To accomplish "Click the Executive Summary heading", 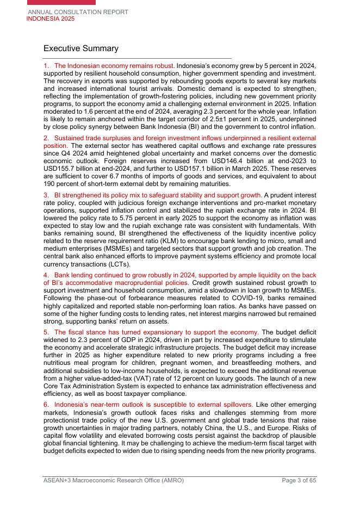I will (80, 48).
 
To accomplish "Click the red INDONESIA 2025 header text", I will (51, 19).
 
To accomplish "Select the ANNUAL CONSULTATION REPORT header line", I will (78, 12).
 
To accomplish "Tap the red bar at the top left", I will (61, 2).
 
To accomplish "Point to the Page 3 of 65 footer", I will (299, 480).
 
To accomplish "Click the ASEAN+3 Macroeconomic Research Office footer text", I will (114, 480).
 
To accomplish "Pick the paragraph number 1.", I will (46, 66).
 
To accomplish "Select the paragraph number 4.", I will (46, 275).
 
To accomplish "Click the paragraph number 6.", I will (46, 405).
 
